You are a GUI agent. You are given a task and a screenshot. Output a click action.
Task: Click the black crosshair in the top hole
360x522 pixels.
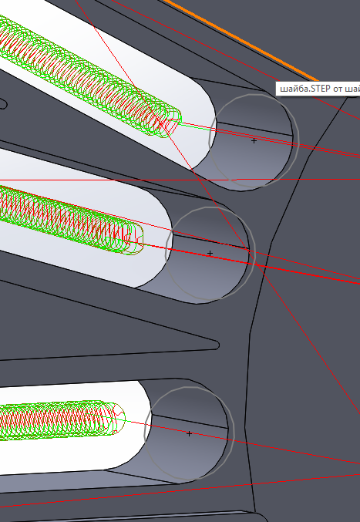click(x=254, y=141)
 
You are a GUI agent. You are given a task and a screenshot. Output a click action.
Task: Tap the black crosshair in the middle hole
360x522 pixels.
click(x=210, y=254)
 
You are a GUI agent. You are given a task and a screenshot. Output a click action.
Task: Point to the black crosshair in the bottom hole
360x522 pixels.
click(x=189, y=434)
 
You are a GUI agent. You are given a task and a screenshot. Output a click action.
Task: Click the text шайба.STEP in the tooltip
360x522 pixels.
click(x=305, y=89)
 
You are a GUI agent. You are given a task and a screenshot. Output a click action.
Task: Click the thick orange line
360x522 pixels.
click(x=241, y=40)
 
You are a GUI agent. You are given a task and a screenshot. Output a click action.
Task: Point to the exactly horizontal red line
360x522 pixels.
click(x=180, y=180)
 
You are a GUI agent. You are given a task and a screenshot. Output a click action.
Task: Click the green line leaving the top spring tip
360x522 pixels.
click(x=197, y=126)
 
